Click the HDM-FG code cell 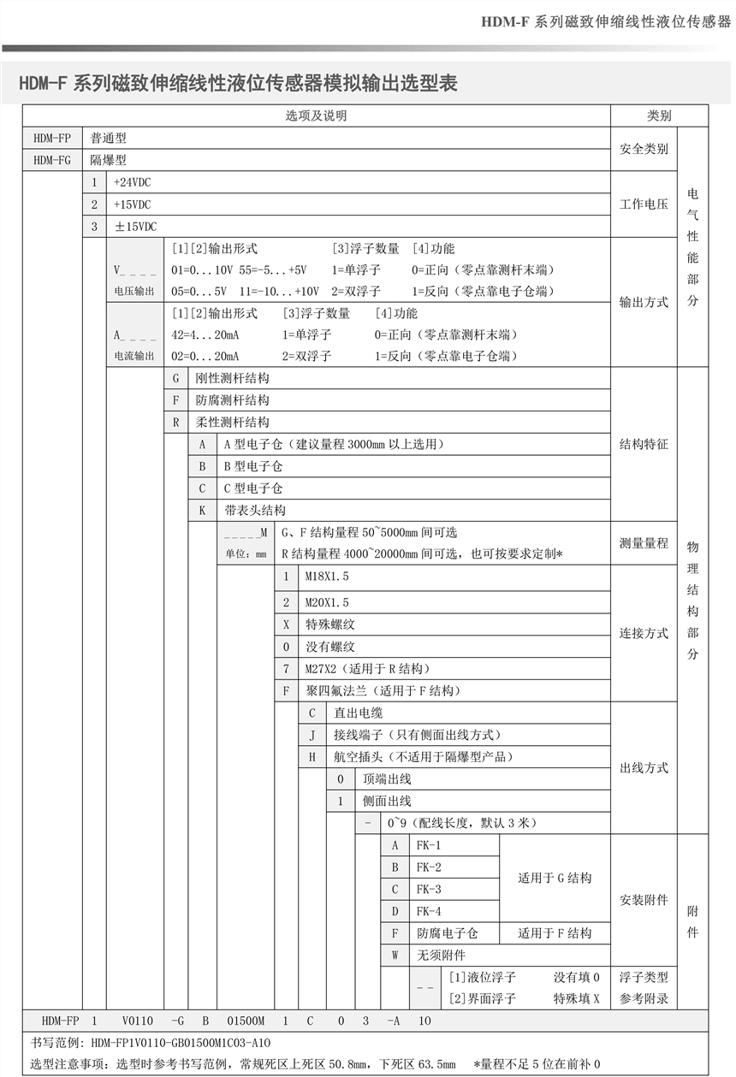point(52,160)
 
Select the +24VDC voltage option point(132,182)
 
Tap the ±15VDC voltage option point(135,227)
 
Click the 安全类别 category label point(644,149)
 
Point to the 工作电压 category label point(644,204)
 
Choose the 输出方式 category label point(644,302)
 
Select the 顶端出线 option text point(387,778)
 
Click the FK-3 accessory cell point(429,890)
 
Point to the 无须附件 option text point(441,956)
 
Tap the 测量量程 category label point(644,543)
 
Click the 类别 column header point(659,116)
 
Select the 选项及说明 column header point(316,116)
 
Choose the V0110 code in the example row point(138,1021)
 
